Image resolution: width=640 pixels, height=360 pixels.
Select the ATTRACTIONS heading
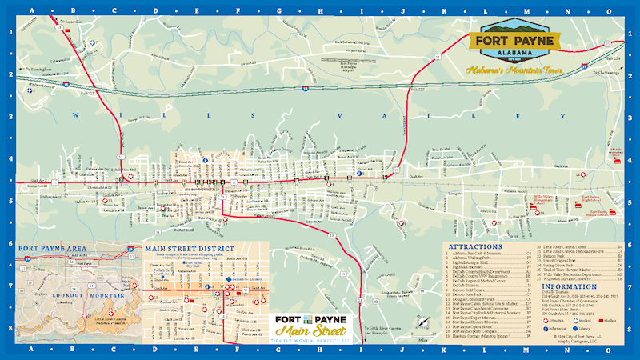475,246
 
